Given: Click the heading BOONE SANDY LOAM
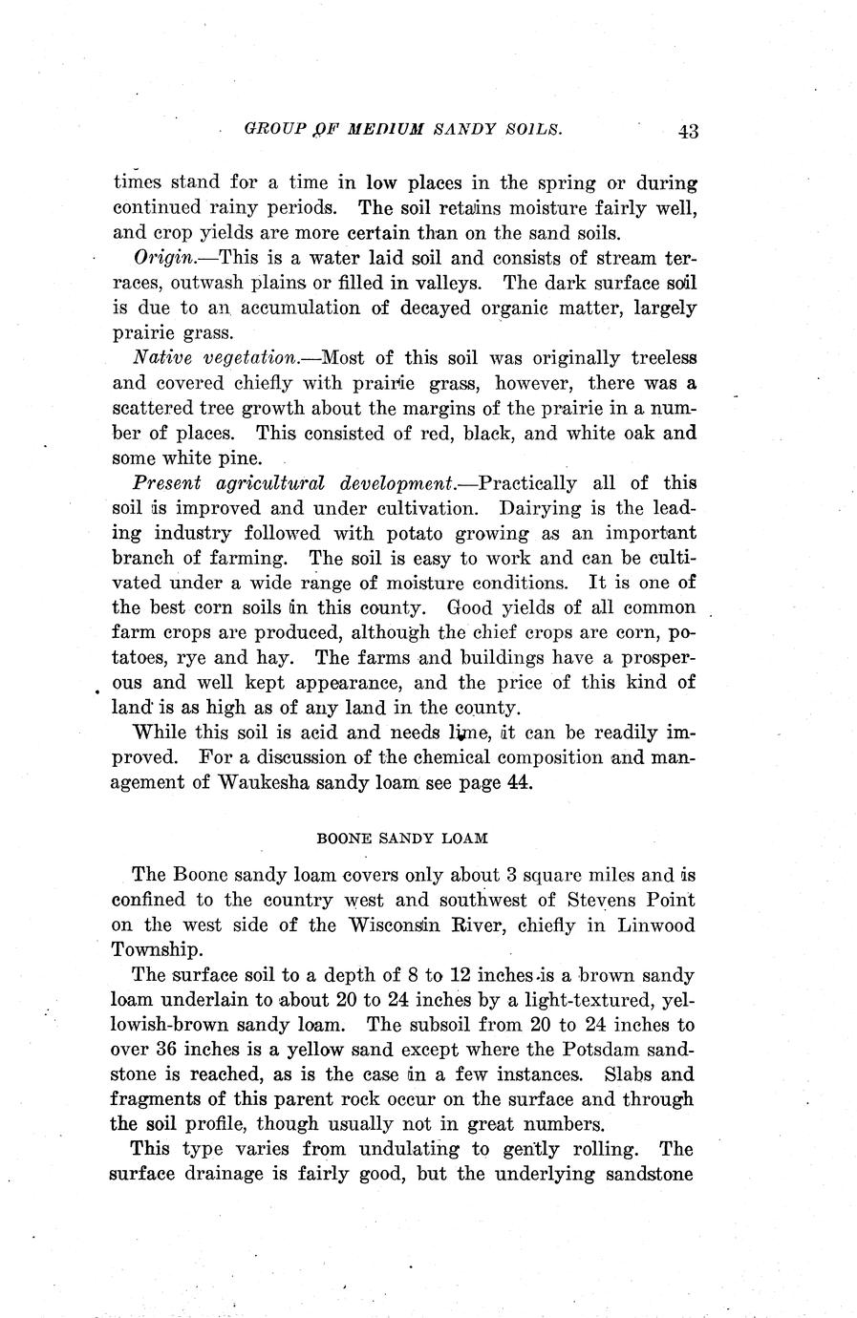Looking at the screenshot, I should click(402, 838).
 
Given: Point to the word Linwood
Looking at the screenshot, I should click(656, 925).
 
